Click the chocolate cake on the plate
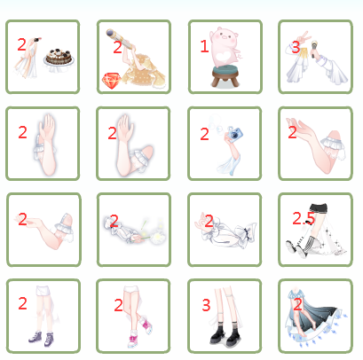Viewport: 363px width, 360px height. coord(59,57)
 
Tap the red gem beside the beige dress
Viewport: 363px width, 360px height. coord(112,81)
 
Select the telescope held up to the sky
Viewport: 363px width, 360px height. coord(120,39)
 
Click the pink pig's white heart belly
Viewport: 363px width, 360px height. coord(223,57)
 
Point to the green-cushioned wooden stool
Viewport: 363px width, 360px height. coord(225,76)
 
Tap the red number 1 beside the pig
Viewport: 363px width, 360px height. coord(204,46)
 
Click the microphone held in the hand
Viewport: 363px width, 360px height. coord(313,49)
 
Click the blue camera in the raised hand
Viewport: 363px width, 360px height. coord(234,135)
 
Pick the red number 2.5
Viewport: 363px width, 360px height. coord(304,218)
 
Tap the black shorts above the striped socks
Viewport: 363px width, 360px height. coord(318,207)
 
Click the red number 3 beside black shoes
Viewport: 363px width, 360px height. coord(206,305)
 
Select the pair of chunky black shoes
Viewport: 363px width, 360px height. coord(225,335)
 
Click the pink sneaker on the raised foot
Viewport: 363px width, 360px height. coord(147,325)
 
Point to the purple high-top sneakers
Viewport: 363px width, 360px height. coord(41,339)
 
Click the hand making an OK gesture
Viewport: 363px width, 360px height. coord(201,223)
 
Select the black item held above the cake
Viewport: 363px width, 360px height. coord(36,40)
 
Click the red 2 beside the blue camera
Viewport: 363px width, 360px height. coord(204,135)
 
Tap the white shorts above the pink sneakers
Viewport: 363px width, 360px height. coord(131,289)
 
